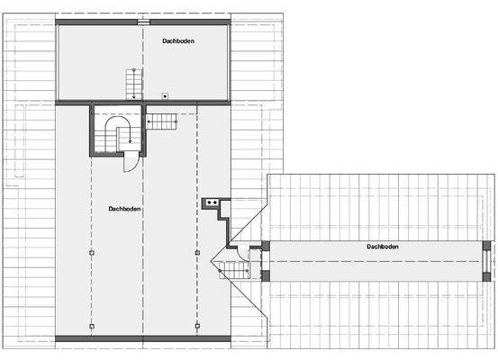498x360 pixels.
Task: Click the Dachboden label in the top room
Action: [178, 40]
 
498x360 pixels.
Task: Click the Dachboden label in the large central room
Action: [124, 208]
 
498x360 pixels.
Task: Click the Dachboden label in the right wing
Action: [383, 246]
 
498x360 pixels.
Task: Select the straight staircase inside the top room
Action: [133, 85]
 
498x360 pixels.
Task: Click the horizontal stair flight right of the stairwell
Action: [162, 121]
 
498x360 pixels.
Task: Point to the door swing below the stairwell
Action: [131, 162]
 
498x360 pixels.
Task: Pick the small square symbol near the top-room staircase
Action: [165, 95]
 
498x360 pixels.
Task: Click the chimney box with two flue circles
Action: [213, 203]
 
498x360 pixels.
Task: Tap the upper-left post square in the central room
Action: [91, 253]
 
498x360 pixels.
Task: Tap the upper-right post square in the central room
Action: [197, 253]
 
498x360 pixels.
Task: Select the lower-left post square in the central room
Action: [91, 326]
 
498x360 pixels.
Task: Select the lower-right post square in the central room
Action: [197, 326]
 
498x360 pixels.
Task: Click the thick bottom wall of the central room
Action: [143, 338]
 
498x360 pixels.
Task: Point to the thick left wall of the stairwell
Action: [91, 130]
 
